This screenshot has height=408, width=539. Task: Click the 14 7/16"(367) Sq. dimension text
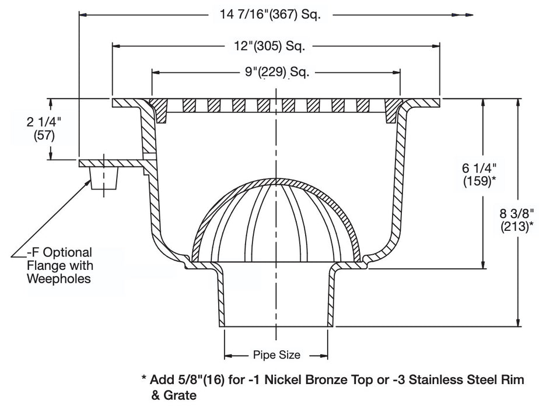[x=273, y=15]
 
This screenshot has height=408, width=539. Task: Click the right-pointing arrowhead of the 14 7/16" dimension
[x=468, y=16]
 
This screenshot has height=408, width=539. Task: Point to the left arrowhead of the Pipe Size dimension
[x=228, y=354]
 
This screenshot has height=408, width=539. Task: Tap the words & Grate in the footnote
[x=170, y=395]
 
